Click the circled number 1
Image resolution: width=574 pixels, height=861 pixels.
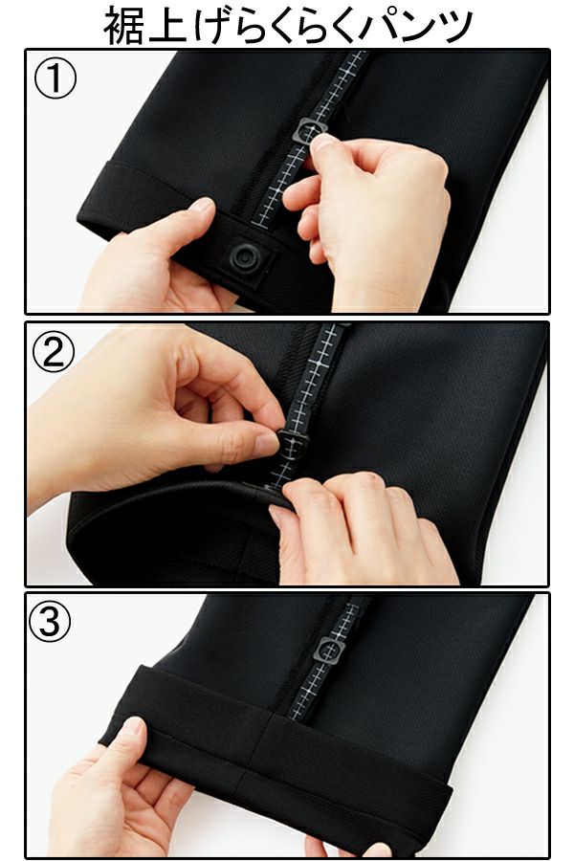point(55,79)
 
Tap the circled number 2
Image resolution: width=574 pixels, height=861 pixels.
point(54,351)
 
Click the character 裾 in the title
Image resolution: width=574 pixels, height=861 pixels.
point(124,26)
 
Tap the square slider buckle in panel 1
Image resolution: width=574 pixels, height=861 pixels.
point(310,132)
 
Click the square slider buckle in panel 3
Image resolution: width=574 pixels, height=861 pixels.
point(329,651)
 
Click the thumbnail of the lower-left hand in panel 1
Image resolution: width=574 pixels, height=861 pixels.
point(201,205)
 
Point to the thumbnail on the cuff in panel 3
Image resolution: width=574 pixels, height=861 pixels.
point(132,725)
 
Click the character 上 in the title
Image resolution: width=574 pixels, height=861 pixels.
point(166,26)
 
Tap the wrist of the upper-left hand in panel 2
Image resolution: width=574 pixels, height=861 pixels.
point(43,455)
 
